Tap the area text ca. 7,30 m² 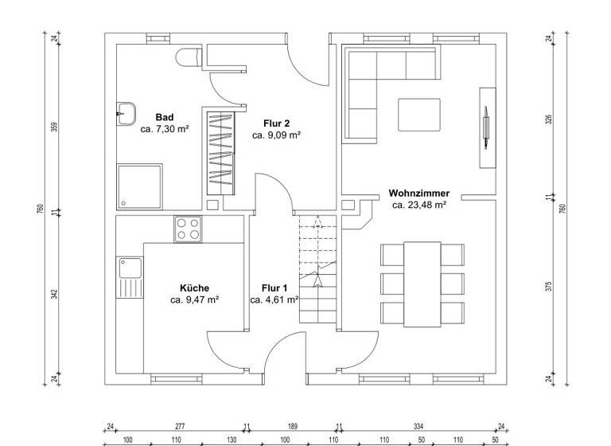point(165,128)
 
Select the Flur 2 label point(276,123)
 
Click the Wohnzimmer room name point(419,194)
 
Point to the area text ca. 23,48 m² point(419,205)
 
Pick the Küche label point(194,288)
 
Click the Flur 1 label point(274,288)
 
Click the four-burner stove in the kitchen point(189,229)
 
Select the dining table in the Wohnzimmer point(422,283)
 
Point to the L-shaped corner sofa point(366,80)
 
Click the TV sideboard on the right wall point(488,126)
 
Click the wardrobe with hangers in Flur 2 point(221,153)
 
